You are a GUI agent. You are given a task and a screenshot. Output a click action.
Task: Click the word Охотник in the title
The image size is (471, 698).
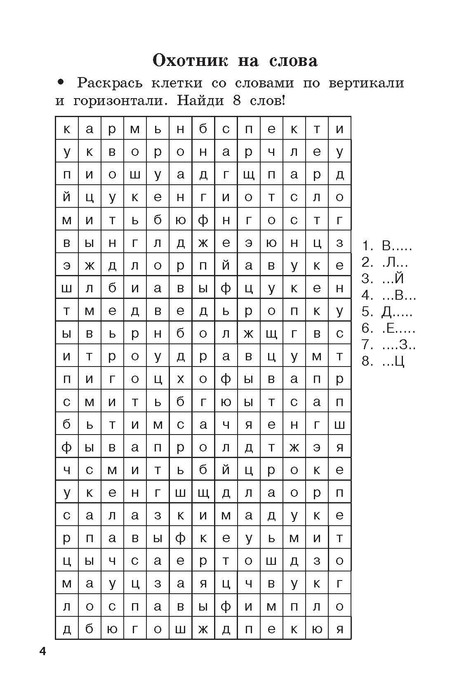190,61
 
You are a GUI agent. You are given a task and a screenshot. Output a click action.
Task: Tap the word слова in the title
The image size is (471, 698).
293,61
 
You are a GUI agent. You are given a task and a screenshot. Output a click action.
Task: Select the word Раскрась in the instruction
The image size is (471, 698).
110,83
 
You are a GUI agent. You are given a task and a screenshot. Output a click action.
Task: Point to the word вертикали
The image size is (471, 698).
366,83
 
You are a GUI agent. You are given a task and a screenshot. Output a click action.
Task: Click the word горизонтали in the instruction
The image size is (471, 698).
120,101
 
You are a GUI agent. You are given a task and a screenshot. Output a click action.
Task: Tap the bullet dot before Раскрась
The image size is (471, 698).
61,82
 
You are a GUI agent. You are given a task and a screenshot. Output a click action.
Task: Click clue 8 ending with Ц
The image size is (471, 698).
383,361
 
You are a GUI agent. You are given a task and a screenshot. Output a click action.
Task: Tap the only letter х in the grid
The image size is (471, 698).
180,379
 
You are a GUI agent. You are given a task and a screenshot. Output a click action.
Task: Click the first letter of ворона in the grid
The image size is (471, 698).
112,152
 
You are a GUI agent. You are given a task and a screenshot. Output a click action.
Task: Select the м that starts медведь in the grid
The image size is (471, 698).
89,311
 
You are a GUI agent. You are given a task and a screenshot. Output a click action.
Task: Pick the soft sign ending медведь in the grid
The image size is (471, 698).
226,311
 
